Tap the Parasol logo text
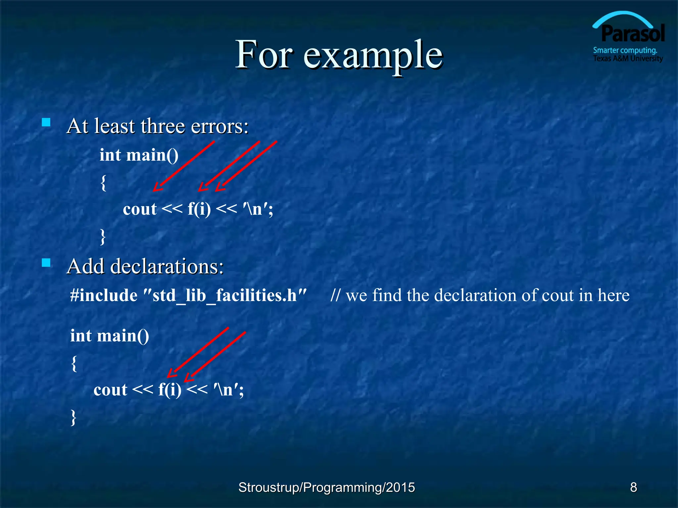(633, 34)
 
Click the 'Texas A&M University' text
(628, 59)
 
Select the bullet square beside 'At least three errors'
(46, 123)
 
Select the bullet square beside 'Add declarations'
(46, 263)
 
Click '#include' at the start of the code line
(104, 295)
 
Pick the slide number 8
(633, 487)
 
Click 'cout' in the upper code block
(139, 209)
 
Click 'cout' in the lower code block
(110, 390)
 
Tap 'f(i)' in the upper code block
(199, 209)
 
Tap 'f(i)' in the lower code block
(169, 390)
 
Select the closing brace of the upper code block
(103, 236)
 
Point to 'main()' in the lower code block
(123, 336)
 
